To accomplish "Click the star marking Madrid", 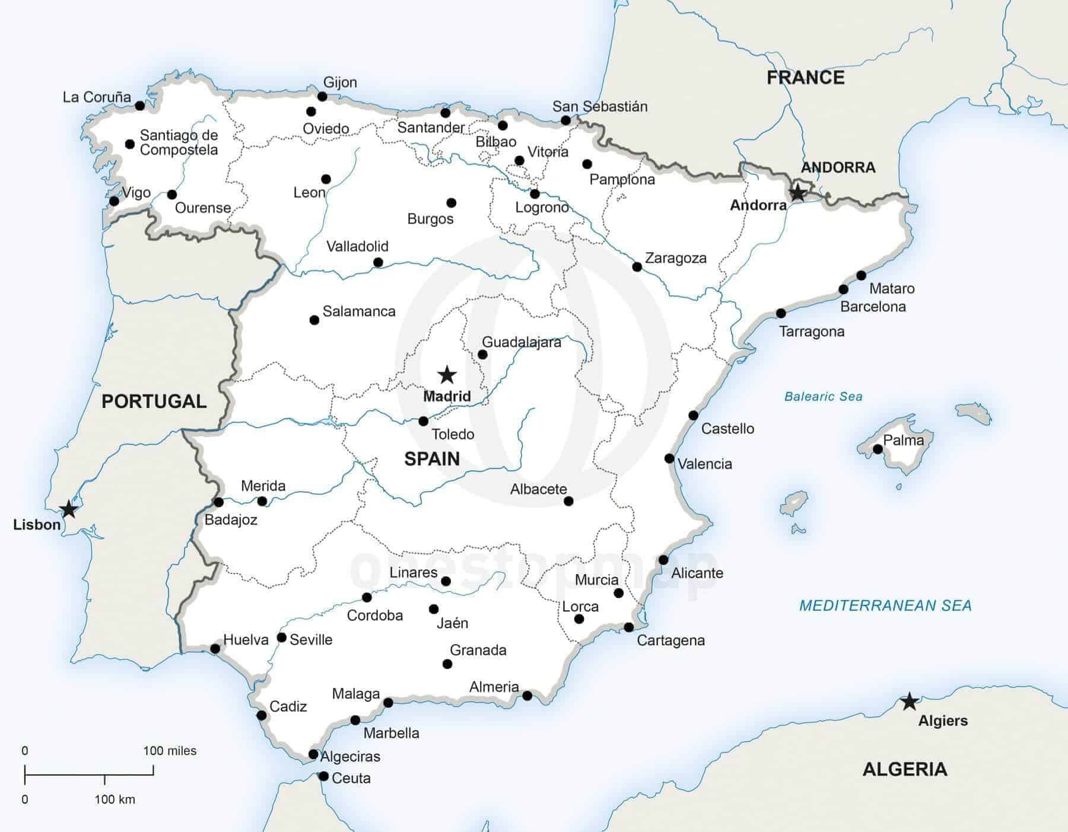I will pyautogui.click(x=447, y=375).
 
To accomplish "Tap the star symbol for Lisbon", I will pyautogui.click(x=69, y=509).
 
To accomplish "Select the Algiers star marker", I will pyautogui.click(x=909, y=702).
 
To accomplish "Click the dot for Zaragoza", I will pyautogui.click(x=637, y=267).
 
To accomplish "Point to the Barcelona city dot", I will pyautogui.click(x=843, y=289).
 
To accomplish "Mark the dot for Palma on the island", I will pyautogui.click(x=878, y=450).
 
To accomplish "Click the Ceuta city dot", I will pyautogui.click(x=323, y=776).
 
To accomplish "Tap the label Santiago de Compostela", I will pyautogui.click(x=179, y=142).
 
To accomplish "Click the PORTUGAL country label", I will pyautogui.click(x=154, y=401).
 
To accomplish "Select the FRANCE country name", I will pyautogui.click(x=805, y=78).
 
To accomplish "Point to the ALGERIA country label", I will pyautogui.click(x=904, y=769).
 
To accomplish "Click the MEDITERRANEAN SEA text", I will pyautogui.click(x=885, y=605).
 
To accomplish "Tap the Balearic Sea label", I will pyautogui.click(x=823, y=397).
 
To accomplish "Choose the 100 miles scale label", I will pyautogui.click(x=170, y=751).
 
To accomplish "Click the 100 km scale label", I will pyautogui.click(x=115, y=799).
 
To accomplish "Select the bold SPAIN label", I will pyautogui.click(x=432, y=458).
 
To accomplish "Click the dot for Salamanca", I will pyautogui.click(x=314, y=320).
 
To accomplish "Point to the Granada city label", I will pyautogui.click(x=478, y=650).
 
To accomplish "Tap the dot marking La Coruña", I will pyautogui.click(x=139, y=106).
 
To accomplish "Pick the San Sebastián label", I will pyautogui.click(x=599, y=106).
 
